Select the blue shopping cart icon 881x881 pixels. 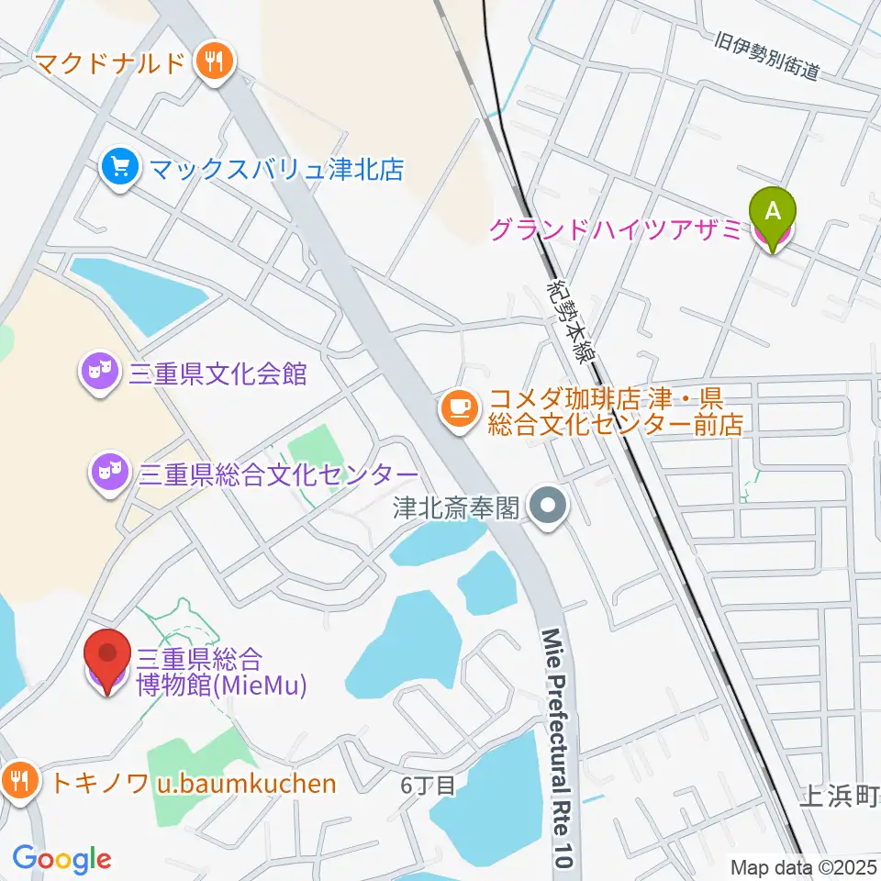(x=120, y=169)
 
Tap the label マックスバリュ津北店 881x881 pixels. (x=275, y=169)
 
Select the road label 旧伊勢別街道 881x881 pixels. (x=766, y=55)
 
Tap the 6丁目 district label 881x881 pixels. (x=428, y=786)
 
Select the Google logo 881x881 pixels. (x=61, y=859)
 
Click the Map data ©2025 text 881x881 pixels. (x=804, y=866)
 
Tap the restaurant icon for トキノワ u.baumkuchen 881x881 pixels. (x=19, y=782)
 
